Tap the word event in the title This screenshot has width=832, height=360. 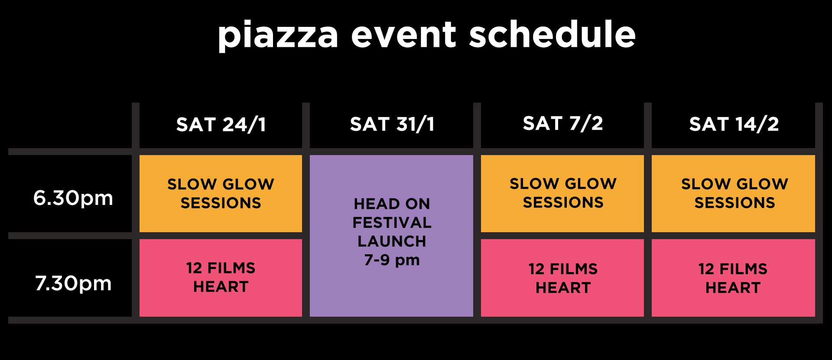tap(403, 35)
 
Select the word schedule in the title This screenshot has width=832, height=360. tap(552, 35)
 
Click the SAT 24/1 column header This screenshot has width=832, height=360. tap(221, 125)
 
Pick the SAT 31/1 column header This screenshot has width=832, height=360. tap(392, 124)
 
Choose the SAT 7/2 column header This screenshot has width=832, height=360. tap(562, 123)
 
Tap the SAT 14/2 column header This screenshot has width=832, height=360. tap(734, 124)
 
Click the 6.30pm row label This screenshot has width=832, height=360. tap(73, 198)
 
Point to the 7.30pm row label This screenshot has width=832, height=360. tap(73, 283)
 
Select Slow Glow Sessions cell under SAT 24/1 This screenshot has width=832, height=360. tap(221, 193)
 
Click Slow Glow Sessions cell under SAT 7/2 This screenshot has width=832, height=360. tap(562, 193)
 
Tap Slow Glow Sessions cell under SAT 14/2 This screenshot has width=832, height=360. tap(734, 193)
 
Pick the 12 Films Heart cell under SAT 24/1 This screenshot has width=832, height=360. tap(221, 277)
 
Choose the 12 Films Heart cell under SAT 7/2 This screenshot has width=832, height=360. tap(562, 278)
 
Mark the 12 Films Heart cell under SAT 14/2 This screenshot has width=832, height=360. tap(733, 278)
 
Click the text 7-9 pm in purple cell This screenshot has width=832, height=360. tap(392, 260)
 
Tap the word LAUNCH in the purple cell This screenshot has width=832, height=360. tap(392, 241)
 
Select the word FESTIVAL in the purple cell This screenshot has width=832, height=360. tap(392, 223)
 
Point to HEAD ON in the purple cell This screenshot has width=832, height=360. tap(392, 204)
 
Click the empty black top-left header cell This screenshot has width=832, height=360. tap(69, 126)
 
